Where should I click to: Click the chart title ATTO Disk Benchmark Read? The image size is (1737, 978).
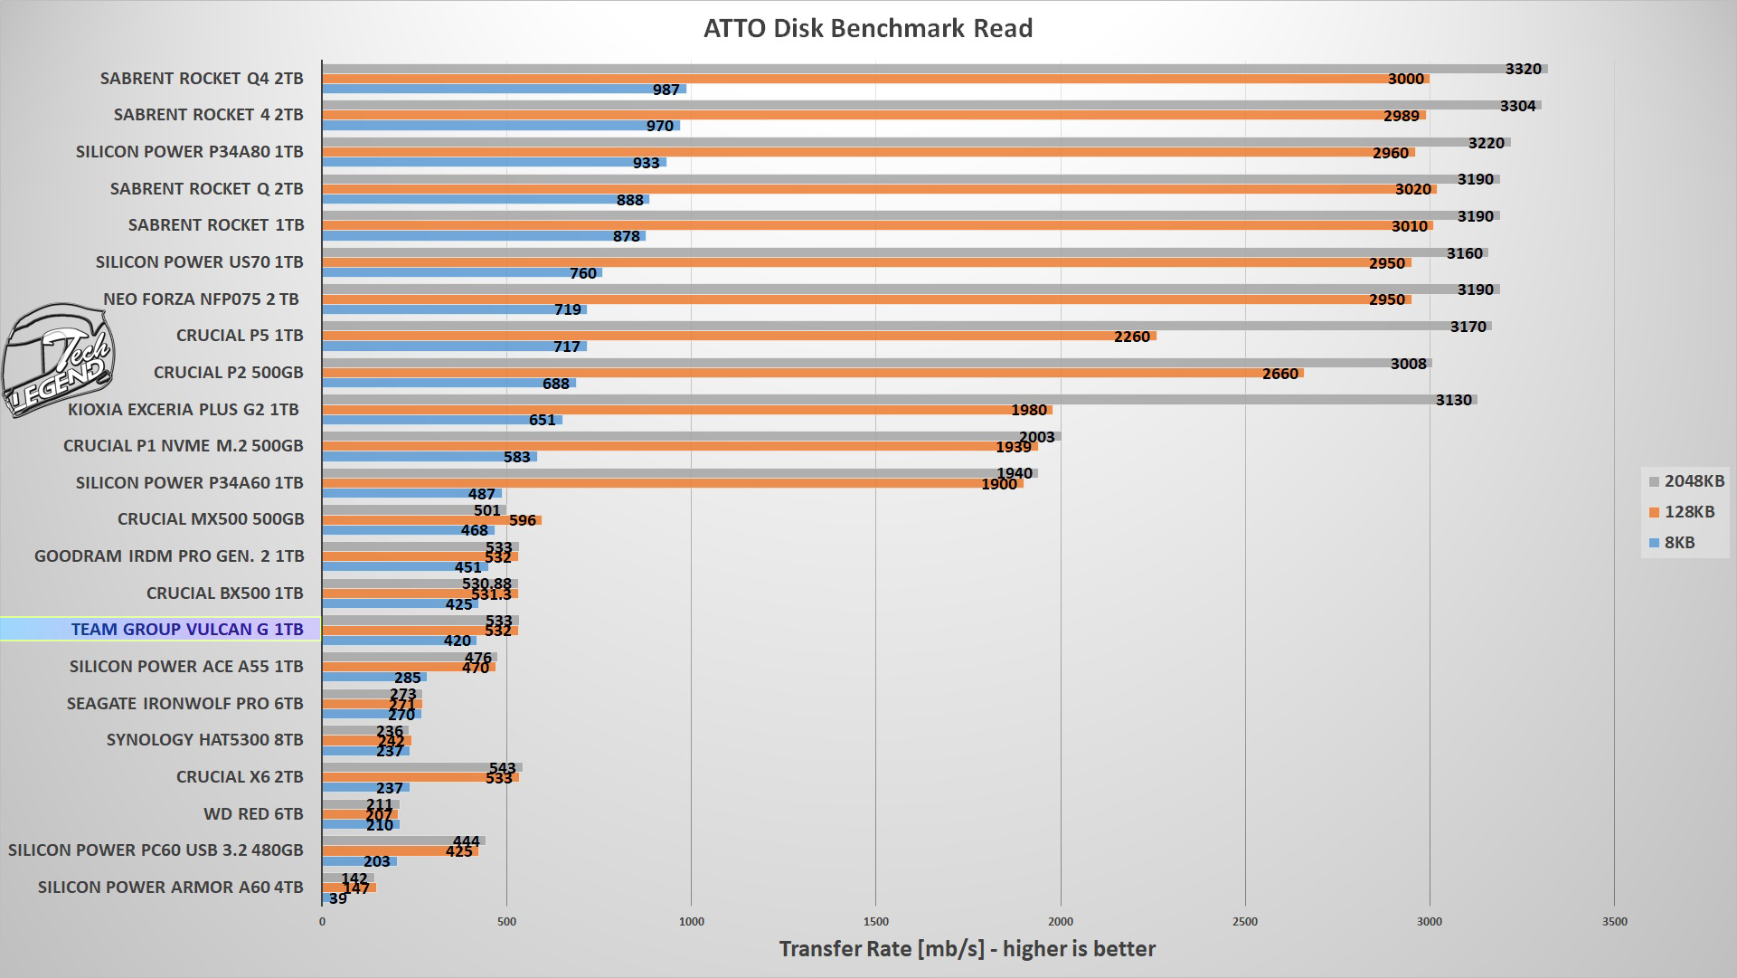[868, 28]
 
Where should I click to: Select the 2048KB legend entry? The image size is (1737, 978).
[1686, 481]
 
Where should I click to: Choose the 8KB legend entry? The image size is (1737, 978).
[1672, 543]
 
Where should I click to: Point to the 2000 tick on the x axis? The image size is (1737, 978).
[1061, 922]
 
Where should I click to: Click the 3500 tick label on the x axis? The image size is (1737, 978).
[1614, 922]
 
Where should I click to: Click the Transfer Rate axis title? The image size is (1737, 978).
[967, 949]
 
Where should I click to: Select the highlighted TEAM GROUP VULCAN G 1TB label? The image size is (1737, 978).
[187, 630]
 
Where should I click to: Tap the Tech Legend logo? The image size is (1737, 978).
[58, 360]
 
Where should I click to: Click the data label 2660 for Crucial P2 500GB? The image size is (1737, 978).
[1279, 374]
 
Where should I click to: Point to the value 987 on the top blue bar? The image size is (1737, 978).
[666, 90]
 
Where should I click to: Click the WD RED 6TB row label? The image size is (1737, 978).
[253, 814]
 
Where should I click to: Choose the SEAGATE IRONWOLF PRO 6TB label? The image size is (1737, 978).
[184, 703]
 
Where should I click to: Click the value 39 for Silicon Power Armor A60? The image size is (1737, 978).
[337, 898]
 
